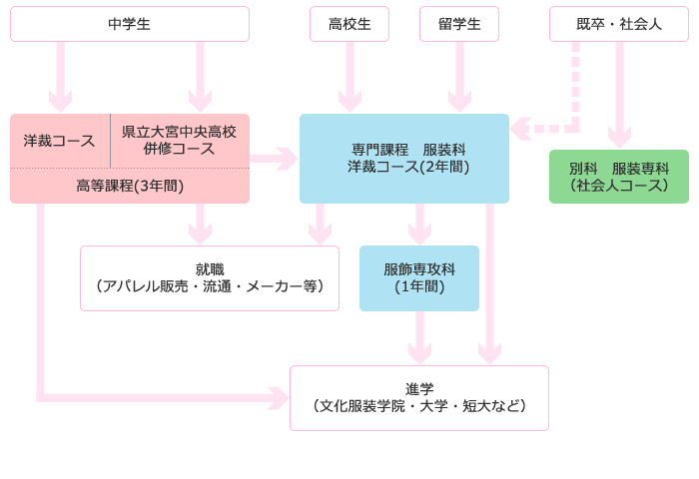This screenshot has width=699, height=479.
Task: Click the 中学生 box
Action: (x=130, y=24)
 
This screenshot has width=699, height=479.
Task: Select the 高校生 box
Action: (x=349, y=24)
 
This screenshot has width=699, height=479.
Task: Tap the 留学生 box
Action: (x=459, y=24)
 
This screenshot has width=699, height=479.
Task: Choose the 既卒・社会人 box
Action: (x=619, y=24)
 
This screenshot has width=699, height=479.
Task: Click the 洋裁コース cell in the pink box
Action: (x=60, y=141)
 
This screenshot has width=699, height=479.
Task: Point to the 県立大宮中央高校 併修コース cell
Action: (x=179, y=141)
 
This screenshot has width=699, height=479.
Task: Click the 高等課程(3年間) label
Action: (x=130, y=186)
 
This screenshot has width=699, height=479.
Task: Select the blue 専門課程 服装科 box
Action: (x=404, y=159)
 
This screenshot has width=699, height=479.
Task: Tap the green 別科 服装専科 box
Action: (x=619, y=177)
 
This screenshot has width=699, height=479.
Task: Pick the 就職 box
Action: (x=210, y=278)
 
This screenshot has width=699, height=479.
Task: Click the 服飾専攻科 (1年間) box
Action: (x=419, y=278)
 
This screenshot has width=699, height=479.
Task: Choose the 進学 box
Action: (x=419, y=398)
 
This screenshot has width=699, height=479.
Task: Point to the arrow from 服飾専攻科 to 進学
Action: (x=419, y=338)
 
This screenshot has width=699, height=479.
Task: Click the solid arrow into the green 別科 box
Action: (x=619, y=95)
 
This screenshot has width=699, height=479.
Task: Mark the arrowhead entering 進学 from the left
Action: (x=278, y=398)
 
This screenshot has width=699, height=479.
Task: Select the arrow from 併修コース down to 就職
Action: (x=200, y=225)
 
